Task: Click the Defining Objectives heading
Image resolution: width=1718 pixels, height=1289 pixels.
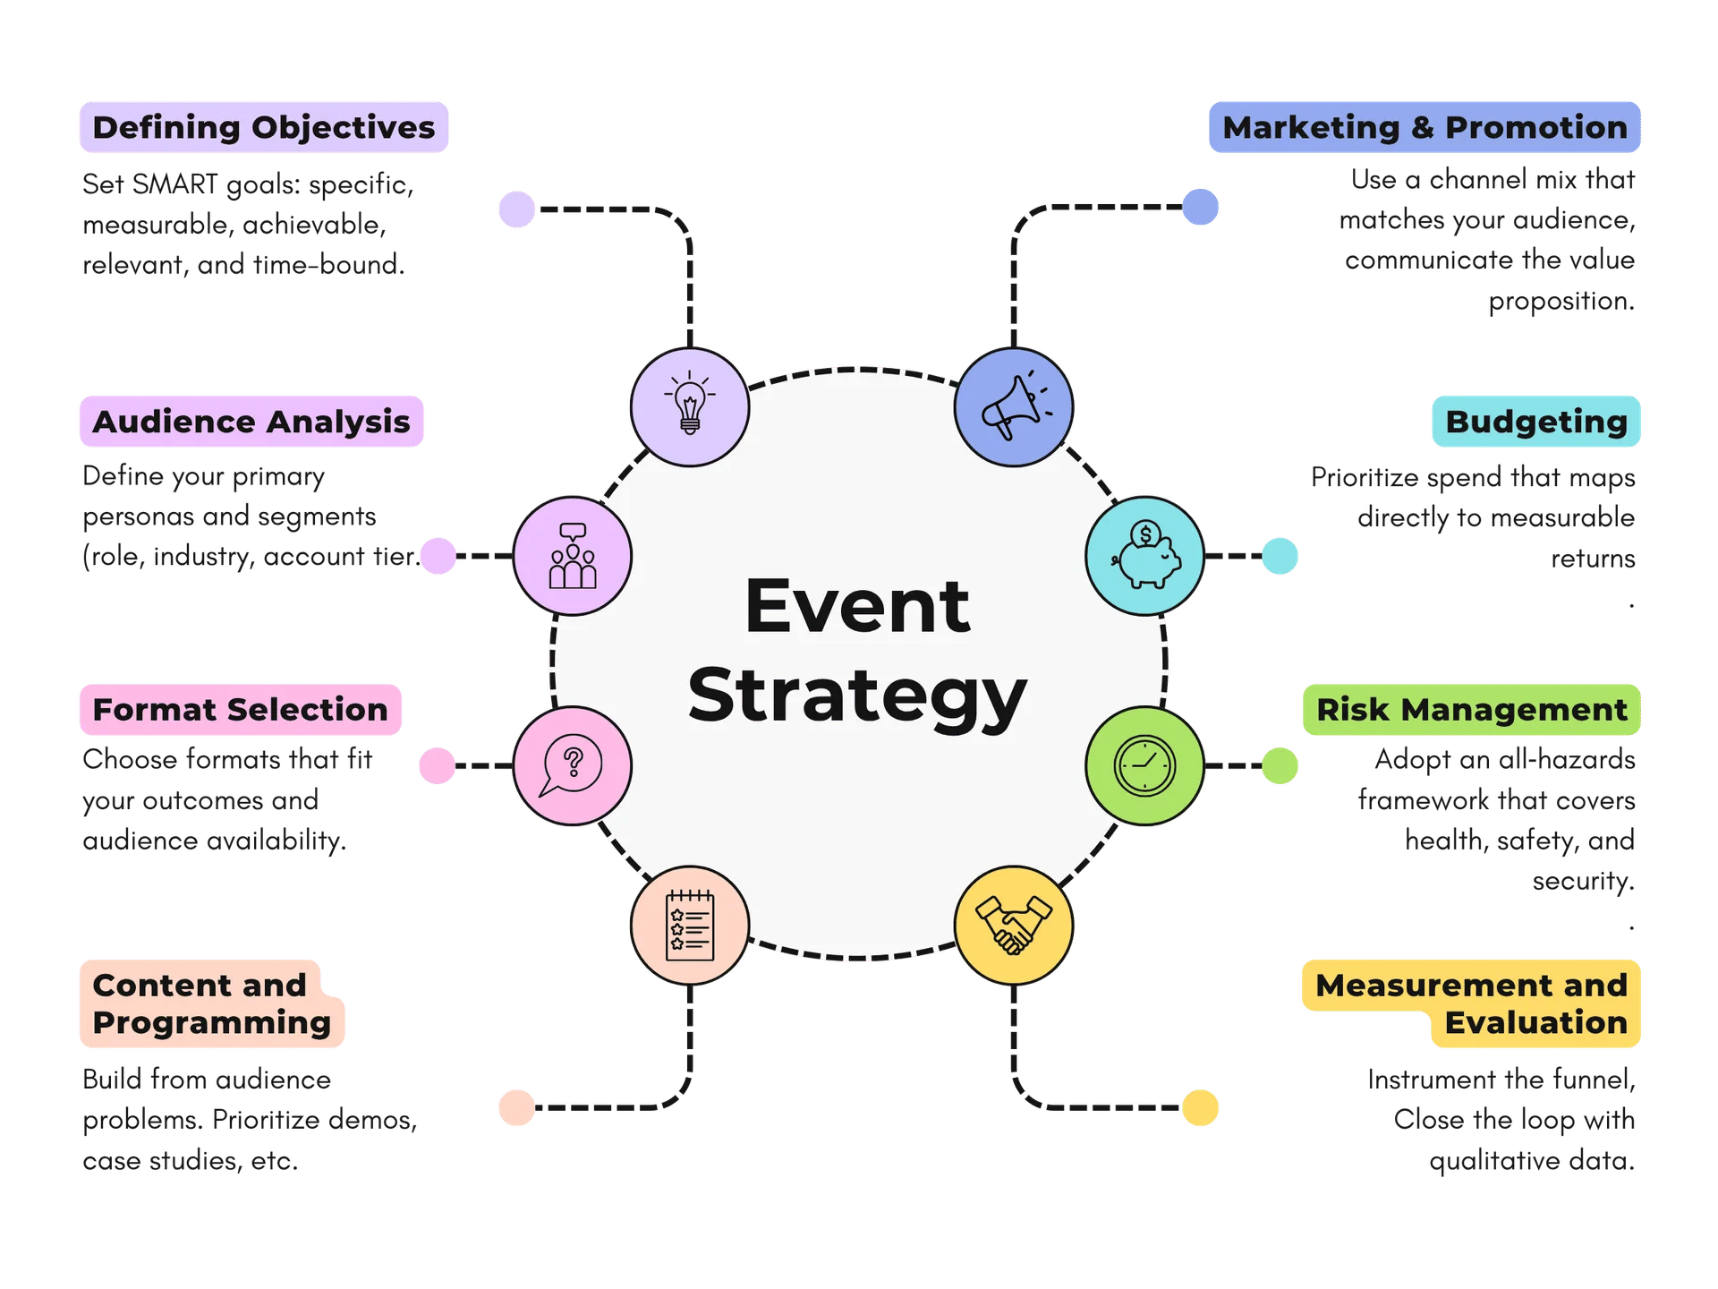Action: point(263,127)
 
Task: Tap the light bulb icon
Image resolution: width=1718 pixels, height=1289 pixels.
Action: point(689,407)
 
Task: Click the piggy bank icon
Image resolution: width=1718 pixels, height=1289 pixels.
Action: point(1144,555)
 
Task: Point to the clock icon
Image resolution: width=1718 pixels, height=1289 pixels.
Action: point(1144,765)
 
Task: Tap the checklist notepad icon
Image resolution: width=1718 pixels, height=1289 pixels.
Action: point(689,925)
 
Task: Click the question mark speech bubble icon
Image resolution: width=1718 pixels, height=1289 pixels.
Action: point(572,765)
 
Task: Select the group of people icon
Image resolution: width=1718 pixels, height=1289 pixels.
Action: point(572,555)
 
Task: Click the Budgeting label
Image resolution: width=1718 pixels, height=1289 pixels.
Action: point(1535,421)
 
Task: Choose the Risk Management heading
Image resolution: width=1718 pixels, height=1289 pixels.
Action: point(1471,709)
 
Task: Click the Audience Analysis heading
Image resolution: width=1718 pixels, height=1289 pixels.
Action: point(251,421)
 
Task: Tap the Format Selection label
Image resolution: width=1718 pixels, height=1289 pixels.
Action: point(240,709)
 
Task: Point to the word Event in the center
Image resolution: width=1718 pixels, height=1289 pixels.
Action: point(856,607)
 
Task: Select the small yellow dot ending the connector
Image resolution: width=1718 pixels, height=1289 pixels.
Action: point(1199,1107)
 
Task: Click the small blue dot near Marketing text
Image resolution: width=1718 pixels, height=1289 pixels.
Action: point(1200,207)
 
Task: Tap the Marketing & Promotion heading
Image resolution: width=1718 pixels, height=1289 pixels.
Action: point(1425,127)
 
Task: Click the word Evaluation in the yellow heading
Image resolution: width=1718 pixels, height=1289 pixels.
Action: point(1535,1022)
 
